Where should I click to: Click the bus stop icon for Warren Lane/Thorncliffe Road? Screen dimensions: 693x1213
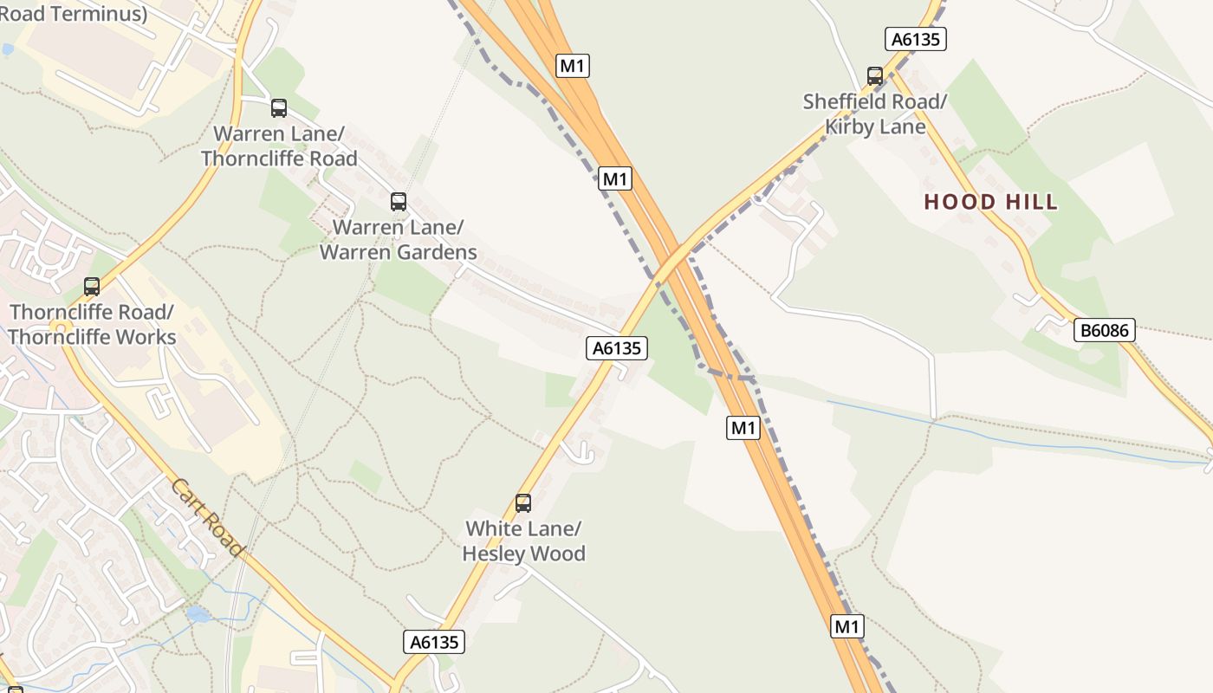point(279,108)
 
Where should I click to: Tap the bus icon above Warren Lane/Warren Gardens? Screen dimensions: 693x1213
point(399,202)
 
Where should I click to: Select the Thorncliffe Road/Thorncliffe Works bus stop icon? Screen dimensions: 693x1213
point(92,287)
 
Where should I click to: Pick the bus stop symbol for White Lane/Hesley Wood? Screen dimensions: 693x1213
point(523,503)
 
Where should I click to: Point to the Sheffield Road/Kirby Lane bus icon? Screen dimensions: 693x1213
point(875,76)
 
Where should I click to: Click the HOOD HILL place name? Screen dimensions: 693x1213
point(991,203)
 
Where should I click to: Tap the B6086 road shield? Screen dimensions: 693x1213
point(1105,330)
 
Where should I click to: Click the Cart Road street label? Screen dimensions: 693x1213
point(208,518)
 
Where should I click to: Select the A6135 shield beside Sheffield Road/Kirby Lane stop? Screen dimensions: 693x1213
point(916,39)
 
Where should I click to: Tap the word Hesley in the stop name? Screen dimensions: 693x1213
point(495,554)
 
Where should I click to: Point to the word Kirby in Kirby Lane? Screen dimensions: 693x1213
point(852,126)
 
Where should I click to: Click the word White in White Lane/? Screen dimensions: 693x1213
point(492,528)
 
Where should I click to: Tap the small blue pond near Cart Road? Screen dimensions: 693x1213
point(198,614)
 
